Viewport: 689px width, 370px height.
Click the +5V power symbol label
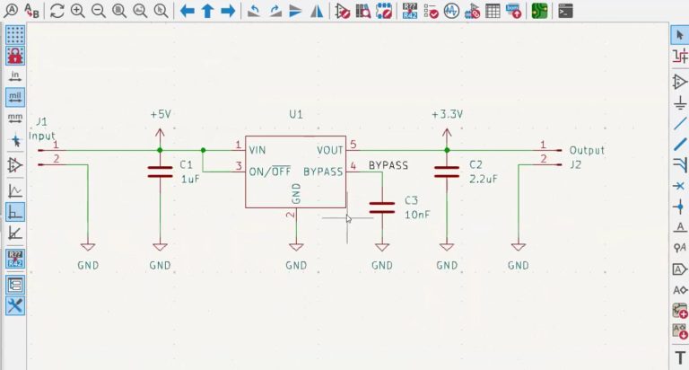[x=160, y=115]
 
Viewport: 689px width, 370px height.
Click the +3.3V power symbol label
[x=447, y=115]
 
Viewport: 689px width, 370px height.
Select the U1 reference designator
[x=296, y=115]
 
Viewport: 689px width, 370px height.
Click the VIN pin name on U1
[x=257, y=150]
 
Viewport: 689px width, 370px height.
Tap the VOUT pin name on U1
[x=329, y=150]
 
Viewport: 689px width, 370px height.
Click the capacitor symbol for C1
[x=160, y=172]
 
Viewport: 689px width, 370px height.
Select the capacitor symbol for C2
[x=447, y=172]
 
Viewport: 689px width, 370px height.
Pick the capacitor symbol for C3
[x=382, y=207]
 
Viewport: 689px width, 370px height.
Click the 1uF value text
[x=189, y=180]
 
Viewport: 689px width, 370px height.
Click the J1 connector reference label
[x=41, y=121]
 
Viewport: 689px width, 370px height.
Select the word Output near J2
[x=587, y=150]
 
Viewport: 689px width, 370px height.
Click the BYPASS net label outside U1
[x=388, y=165]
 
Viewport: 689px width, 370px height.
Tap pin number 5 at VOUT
[x=353, y=145]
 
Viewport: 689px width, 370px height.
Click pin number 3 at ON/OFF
[x=238, y=165]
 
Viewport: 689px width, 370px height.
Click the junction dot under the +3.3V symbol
[x=447, y=150]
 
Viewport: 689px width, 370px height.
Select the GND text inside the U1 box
[x=296, y=192]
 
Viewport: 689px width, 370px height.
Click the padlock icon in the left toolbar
[x=15, y=55]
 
